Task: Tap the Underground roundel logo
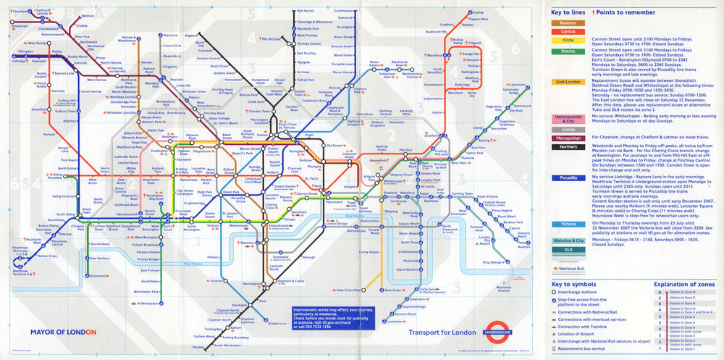coord(499,331)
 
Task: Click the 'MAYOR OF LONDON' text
coord(63,332)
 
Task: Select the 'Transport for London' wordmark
coord(443,332)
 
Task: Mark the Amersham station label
coord(20,26)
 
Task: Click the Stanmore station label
coord(171,35)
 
